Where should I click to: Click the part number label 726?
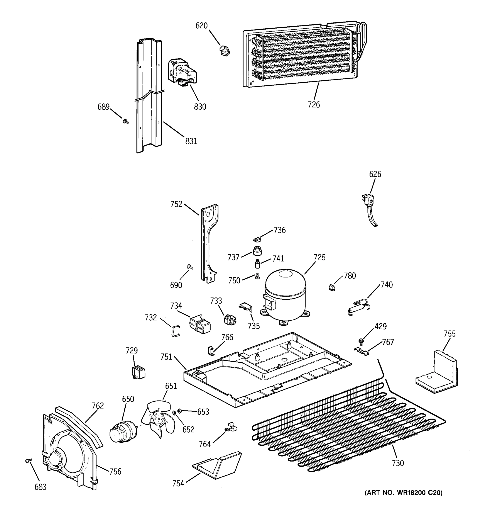(314, 105)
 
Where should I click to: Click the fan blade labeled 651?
(158, 420)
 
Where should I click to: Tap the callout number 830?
(200, 107)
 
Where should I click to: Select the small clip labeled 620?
(224, 51)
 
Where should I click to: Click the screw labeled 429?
(361, 341)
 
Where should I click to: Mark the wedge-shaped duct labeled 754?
(218, 465)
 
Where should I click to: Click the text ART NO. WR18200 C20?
(404, 492)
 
